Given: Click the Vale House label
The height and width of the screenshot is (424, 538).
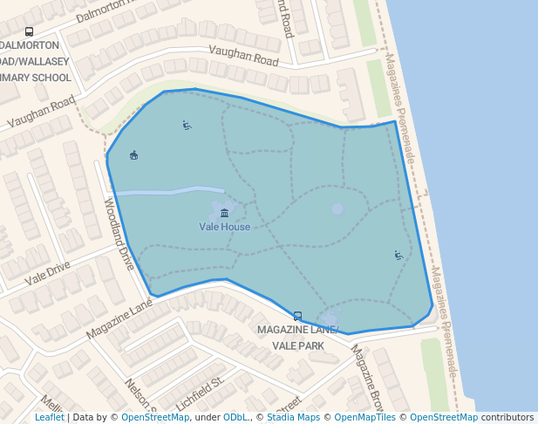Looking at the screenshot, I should pos(224,227).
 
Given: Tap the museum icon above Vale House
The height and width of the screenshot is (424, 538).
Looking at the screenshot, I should pos(225,213).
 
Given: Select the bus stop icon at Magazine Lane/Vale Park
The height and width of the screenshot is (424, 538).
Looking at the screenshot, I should pos(297,317).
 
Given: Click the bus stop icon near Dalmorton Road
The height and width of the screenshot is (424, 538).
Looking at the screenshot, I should pos(30,31).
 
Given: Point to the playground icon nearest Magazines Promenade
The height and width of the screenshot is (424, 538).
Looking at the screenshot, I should pos(398,256).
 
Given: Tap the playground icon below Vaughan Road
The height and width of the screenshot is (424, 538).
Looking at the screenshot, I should pos(187,126).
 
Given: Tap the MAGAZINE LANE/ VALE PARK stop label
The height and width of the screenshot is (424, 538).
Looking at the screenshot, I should pos(297,338).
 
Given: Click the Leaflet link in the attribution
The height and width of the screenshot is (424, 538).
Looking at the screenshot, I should pos(49,418).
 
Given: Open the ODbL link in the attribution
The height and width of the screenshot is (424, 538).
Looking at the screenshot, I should pos(236,418).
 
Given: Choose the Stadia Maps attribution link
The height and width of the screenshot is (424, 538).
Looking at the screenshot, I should pos(292,418).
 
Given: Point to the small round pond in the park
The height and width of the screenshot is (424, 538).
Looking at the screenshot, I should pos(337,209).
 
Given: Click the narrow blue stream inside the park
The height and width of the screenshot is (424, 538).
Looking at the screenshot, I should pos(169,191).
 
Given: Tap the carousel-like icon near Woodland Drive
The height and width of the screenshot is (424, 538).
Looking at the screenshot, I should pos(133,155).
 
